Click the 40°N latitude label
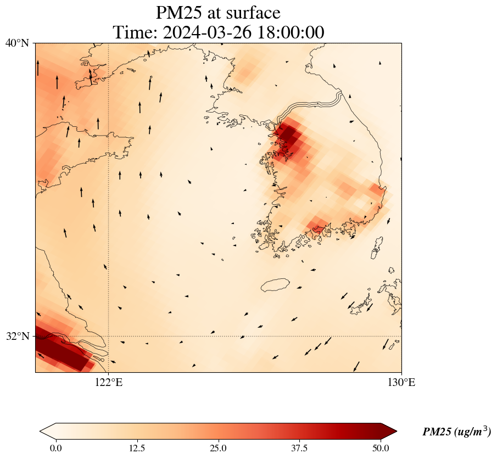(x=17, y=43)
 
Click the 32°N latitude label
(x=17, y=336)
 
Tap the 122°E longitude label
(x=109, y=383)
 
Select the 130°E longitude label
(x=401, y=383)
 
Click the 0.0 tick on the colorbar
(x=55, y=448)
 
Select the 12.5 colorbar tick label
(x=137, y=448)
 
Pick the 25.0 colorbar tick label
(x=218, y=448)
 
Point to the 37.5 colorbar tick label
(x=299, y=448)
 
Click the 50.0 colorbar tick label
(x=381, y=448)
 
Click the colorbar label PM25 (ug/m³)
(x=456, y=432)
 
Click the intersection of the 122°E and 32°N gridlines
(x=109, y=336)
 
